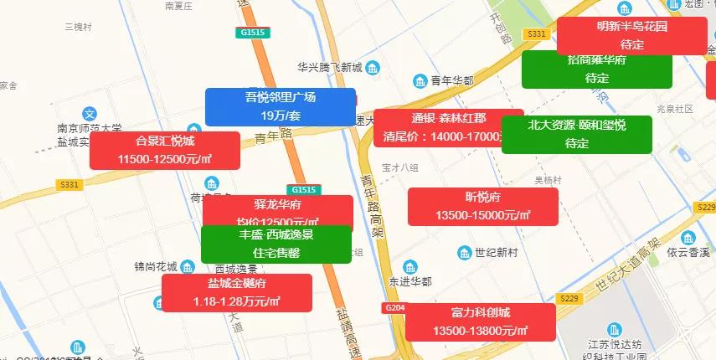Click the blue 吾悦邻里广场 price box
[x=280, y=107]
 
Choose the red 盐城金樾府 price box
[x=237, y=293]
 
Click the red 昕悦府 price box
[x=482, y=206]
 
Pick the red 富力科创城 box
[x=481, y=322]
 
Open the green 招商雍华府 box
[x=597, y=69]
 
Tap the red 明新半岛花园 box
[x=632, y=35]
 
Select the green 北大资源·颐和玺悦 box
[x=577, y=134]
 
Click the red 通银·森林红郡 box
[x=448, y=127]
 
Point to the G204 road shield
[x=395, y=308]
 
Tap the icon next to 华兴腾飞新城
[x=373, y=68]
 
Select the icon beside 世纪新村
[x=464, y=253]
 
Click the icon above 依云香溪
[x=688, y=237]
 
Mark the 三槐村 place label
[x=76, y=28]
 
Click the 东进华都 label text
[x=410, y=281]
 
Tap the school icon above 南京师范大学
[x=90, y=113]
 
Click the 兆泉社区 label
[x=676, y=109]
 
